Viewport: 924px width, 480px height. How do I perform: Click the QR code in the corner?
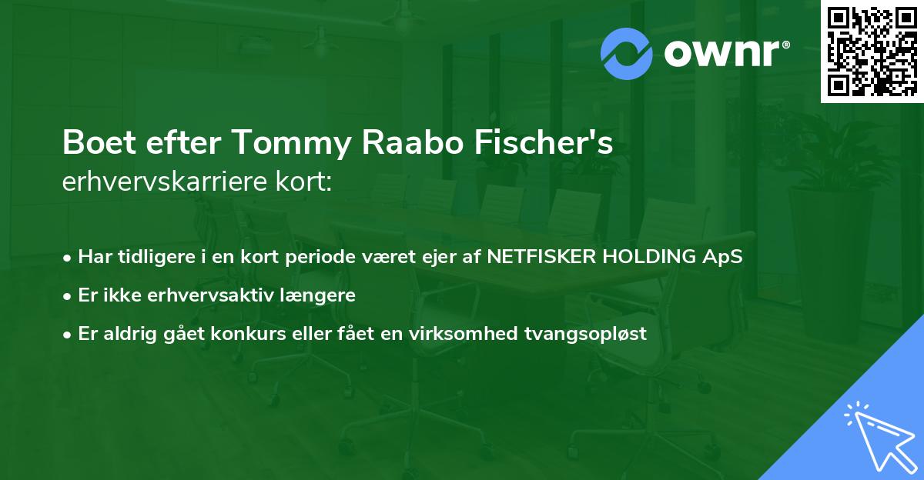point(872,51)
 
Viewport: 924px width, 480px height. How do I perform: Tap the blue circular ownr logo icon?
point(626,54)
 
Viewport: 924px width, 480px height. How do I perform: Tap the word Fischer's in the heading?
point(550,144)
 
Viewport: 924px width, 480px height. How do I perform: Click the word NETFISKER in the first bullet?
point(540,256)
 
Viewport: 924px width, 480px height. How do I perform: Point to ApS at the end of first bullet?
point(725,256)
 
